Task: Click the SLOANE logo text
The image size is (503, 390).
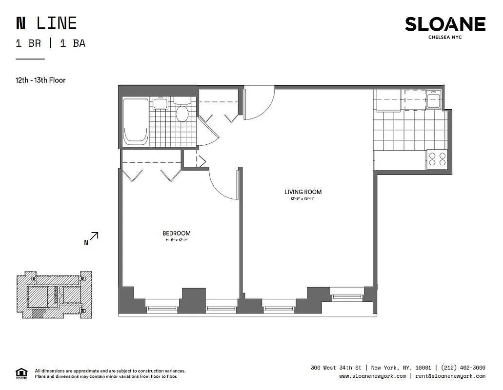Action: point(445,24)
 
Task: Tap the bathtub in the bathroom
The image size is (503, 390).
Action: point(135,121)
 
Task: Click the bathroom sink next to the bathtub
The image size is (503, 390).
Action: point(160,103)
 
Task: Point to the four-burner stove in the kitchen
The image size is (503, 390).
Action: point(437,159)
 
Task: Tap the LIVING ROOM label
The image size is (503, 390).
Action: point(303,192)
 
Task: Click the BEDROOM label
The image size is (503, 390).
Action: point(176,234)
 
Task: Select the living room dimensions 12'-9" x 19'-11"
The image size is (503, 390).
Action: point(303,199)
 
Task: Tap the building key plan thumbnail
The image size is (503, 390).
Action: point(54,295)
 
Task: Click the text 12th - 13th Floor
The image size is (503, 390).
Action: point(40,80)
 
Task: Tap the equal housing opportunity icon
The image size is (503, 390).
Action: point(21,373)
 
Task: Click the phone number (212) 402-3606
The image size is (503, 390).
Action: point(463,368)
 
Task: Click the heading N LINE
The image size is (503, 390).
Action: point(46,23)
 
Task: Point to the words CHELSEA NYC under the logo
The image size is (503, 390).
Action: point(445,37)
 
